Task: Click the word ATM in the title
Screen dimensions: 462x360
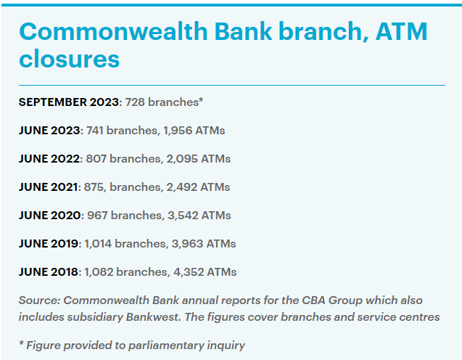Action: click(x=402, y=31)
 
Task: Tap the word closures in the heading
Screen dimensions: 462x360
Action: click(x=69, y=58)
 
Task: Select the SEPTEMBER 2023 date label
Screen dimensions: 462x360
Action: click(x=69, y=102)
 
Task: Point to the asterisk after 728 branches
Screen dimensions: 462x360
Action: click(x=201, y=100)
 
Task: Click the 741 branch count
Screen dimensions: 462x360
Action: click(x=94, y=131)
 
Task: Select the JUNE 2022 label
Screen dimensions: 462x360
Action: click(x=49, y=159)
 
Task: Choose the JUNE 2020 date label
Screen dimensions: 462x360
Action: click(x=50, y=216)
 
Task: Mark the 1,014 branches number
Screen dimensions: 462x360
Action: click(x=98, y=244)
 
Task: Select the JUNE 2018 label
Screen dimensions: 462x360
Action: click(x=49, y=272)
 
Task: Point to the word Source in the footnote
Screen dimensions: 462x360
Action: click(x=39, y=300)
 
